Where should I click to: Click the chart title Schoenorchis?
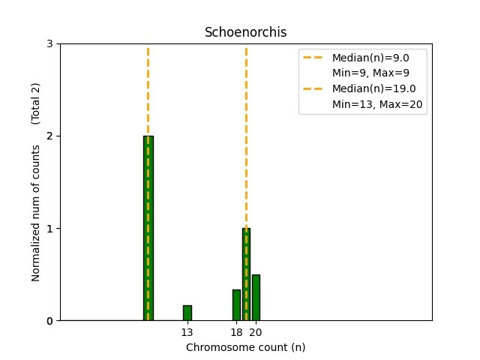(x=245, y=33)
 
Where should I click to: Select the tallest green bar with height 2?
(x=148, y=228)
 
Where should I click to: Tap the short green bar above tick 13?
(x=187, y=313)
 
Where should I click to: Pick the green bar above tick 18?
(x=236, y=305)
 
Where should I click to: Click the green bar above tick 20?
(x=256, y=298)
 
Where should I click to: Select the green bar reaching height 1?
(x=246, y=274)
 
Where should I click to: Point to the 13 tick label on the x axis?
(x=187, y=332)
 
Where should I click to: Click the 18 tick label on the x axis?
(x=236, y=332)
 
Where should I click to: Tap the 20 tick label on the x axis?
(x=255, y=332)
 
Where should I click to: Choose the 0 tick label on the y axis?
(x=49, y=321)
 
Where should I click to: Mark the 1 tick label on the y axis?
(x=49, y=229)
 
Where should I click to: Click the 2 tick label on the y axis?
(x=49, y=136)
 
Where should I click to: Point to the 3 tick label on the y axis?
(x=49, y=44)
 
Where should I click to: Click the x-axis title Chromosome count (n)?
(x=245, y=347)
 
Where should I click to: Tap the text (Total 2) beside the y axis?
(x=36, y=103)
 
